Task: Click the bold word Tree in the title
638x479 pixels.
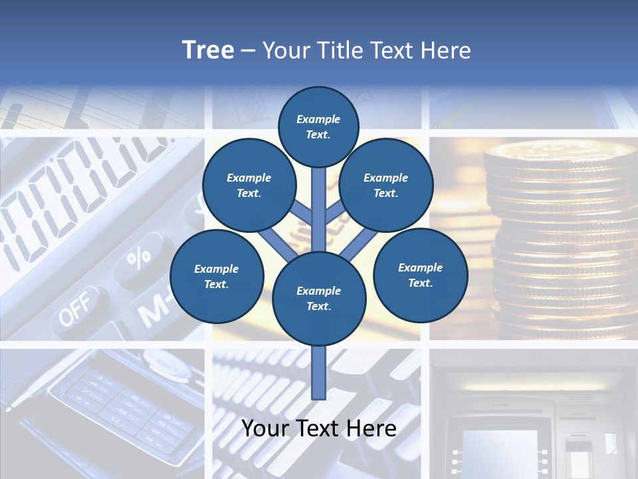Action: pos(208,51)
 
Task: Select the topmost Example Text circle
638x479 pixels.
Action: pos(318,126)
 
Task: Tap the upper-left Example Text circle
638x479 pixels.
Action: pos(249,186)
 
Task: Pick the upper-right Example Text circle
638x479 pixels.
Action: pos(385,186)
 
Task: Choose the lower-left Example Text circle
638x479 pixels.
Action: pos(217,276)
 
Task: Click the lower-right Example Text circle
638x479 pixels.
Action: pos(420,275)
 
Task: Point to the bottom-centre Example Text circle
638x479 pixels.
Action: pos(319,298)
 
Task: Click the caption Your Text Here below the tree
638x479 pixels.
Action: pos(319,428)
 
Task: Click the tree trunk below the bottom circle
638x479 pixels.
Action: pos(319,373)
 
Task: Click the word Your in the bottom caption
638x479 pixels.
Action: pos(265,428)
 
